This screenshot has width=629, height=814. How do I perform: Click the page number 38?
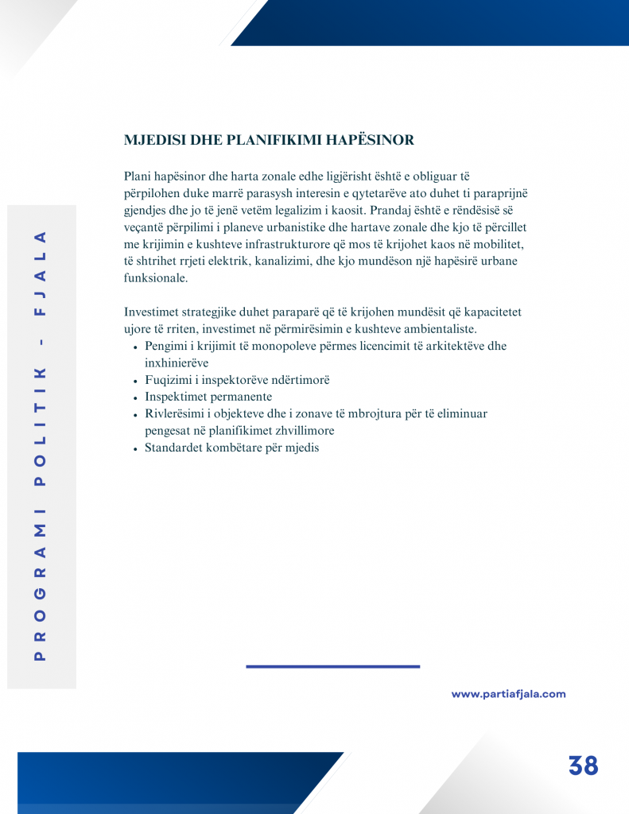(583, 766)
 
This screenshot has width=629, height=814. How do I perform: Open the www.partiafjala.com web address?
(508, 694)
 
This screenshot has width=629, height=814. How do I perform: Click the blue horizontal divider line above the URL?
(332, 666)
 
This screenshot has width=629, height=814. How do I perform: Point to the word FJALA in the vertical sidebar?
(41, 270)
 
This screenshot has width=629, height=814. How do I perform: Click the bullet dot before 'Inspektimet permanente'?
(137, 397)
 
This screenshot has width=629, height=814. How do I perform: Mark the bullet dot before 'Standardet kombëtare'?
(137, 448)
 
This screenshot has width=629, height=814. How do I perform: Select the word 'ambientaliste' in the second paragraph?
(439, 329)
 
